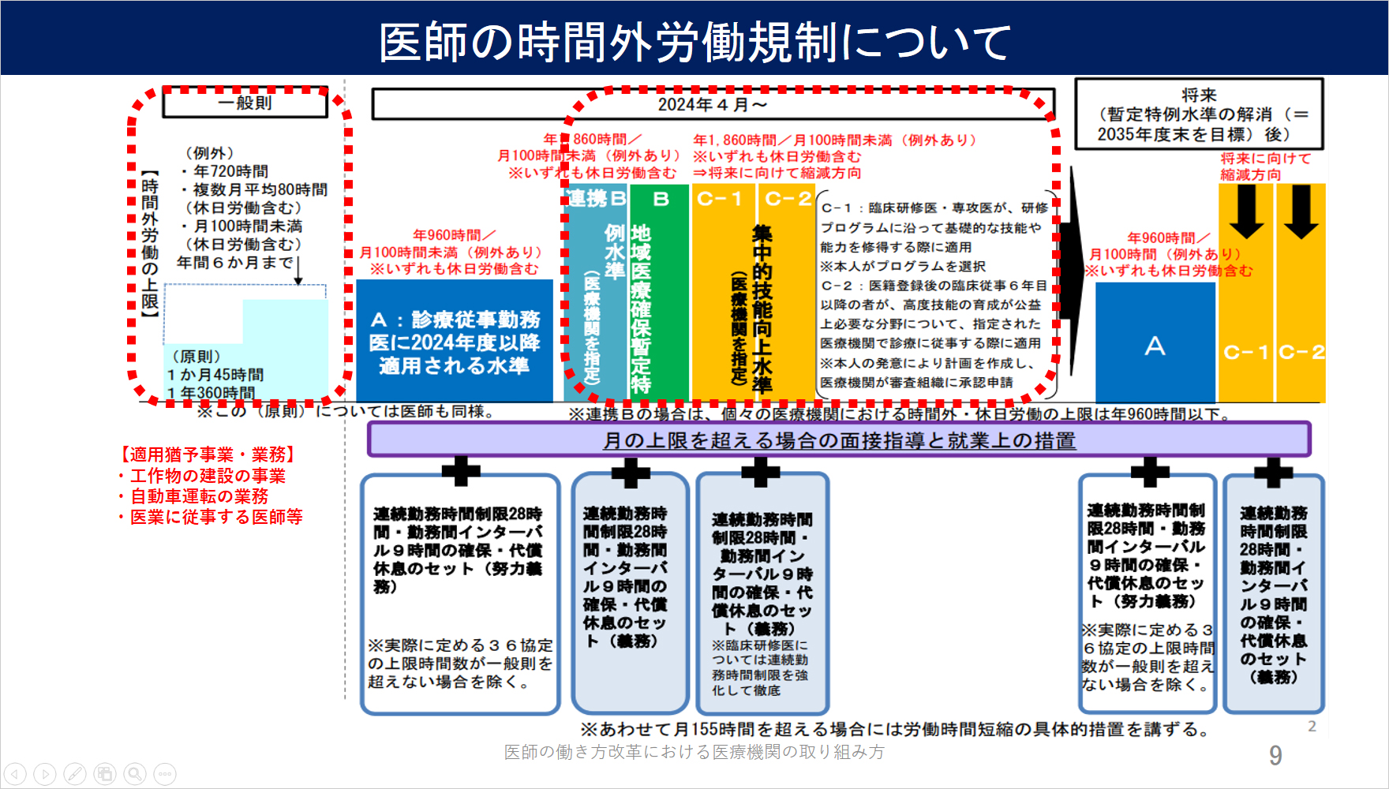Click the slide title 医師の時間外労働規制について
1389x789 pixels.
[694, 41]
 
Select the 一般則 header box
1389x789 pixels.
[245, 103]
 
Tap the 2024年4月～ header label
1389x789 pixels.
[713, 104]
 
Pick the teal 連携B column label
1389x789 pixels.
[597, 199]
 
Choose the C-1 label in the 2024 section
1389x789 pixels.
[719, 199]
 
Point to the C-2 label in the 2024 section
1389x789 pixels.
[788, 199]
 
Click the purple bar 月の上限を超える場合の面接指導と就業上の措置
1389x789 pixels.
[839, 440]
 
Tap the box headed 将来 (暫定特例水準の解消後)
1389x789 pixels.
[1199, 114]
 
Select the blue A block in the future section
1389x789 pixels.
[1155, 344]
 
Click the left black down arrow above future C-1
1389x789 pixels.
[1246, 210]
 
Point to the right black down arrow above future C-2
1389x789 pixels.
[1301, 210]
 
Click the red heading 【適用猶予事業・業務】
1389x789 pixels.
[208, 454]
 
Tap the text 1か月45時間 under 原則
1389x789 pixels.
[215, 375]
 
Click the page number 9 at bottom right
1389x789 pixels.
[1275, 756]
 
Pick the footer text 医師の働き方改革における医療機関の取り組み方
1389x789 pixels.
[694, 752]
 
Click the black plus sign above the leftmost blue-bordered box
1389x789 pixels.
[461, 470]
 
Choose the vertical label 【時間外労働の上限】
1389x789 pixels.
[150, 245]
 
